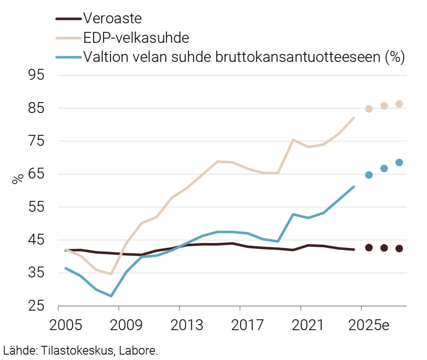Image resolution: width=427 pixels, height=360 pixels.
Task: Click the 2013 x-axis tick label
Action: pos(179,325)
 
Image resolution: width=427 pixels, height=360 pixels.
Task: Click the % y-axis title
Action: pos(17,179)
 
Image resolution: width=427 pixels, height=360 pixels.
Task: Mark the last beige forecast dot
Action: pos(399,104)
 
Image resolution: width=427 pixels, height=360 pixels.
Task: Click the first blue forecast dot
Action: pos(369,175)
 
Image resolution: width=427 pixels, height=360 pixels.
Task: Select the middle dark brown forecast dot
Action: pos(384,247)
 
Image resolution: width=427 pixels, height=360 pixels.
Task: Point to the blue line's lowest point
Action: pos(111,296)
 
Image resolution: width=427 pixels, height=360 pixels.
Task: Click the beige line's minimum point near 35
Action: pos(111,274)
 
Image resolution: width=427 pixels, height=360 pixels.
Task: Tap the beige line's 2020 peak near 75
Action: pos(293,140)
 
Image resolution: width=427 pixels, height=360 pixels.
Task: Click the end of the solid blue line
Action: pos(354,187)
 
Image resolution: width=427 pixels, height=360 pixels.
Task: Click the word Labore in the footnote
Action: pos(141,350)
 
